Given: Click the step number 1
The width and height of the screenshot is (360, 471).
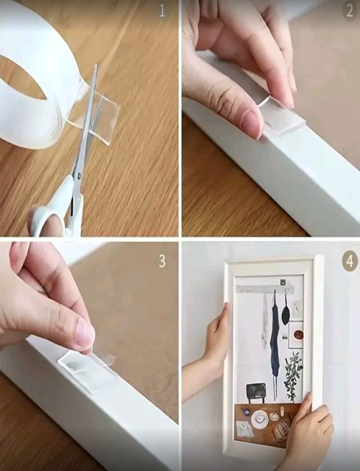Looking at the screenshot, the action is tap(162, 11).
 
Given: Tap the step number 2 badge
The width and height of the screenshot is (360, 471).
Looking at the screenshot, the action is tap(349, 11).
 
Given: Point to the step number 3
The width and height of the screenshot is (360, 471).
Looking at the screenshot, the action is tap(162, 262).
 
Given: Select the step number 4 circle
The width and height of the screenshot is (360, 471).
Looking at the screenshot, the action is tap(350, 261).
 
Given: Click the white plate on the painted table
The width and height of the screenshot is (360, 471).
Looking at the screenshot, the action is tap(260, 419).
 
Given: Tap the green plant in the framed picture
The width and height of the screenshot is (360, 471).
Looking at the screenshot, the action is tap(293, 376).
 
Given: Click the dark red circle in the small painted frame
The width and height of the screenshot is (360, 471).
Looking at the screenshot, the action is tap(298, 334).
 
